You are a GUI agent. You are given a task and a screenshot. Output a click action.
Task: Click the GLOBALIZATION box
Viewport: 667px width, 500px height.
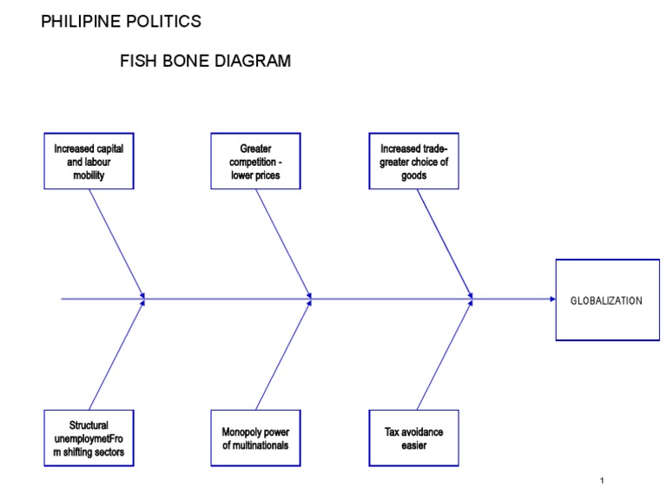(606, 300)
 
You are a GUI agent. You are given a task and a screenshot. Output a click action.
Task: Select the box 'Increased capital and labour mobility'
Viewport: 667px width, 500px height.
(89, 161)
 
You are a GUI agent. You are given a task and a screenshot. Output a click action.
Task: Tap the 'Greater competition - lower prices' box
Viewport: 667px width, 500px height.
(255, 161)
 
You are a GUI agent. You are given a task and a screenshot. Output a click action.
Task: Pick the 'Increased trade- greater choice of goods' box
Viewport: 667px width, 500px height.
(413, 161)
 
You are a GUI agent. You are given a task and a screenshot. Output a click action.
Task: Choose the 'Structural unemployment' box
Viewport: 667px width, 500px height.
(89, 438)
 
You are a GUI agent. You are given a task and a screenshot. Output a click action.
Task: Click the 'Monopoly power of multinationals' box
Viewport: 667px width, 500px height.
(255, 438)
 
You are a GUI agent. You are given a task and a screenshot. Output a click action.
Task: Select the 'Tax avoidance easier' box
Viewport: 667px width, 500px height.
(413, 438)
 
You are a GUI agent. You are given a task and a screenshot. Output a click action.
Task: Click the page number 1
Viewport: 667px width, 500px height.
(601, 480)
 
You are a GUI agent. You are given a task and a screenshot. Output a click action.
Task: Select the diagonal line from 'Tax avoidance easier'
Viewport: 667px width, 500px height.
(444, 354)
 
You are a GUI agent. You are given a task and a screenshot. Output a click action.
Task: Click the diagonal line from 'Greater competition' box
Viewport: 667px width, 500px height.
(283, 244)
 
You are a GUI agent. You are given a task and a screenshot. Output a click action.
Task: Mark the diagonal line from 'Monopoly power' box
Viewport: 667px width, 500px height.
(284, 354)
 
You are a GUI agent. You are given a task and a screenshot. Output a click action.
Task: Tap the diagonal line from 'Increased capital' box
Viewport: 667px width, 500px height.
(117, 244)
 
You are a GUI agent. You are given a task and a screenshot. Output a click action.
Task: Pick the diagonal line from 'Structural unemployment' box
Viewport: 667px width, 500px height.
(116, 354)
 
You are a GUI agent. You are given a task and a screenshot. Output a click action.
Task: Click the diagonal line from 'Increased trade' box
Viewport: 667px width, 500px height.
(444, 244)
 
